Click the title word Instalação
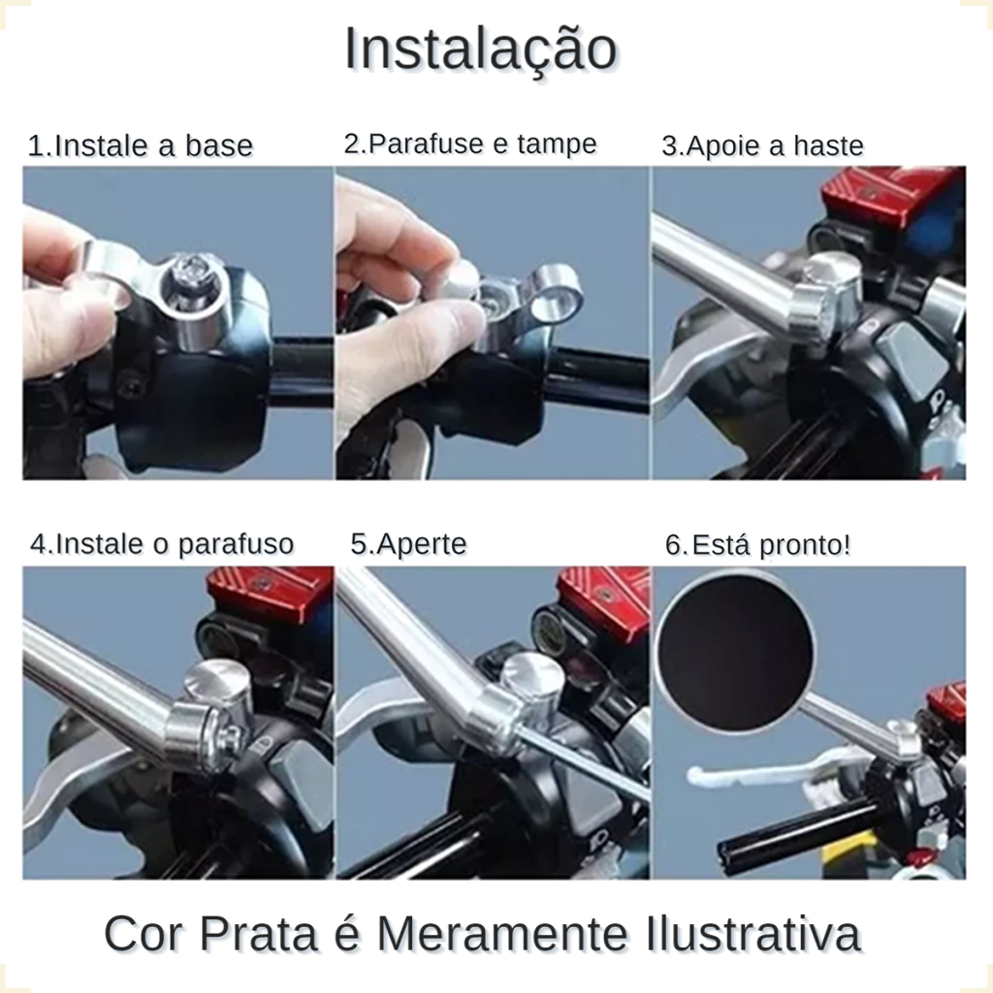[481, 50]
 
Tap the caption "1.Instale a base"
[140, 145]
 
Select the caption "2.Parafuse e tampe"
[470, 144]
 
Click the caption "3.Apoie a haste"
[762, 145]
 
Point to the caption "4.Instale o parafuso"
[162, 544]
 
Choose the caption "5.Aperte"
[408, 544]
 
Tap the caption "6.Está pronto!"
[758, 545]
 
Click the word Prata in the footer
[258, 934]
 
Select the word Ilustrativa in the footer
[753, 934]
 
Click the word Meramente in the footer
[502, 934]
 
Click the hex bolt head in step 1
[190, 276]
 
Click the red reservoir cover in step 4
[270, 593]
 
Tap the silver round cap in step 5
[533, 680]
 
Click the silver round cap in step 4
[217, 683]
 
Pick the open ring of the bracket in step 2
[558, 294]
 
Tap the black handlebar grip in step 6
[795, 830]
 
